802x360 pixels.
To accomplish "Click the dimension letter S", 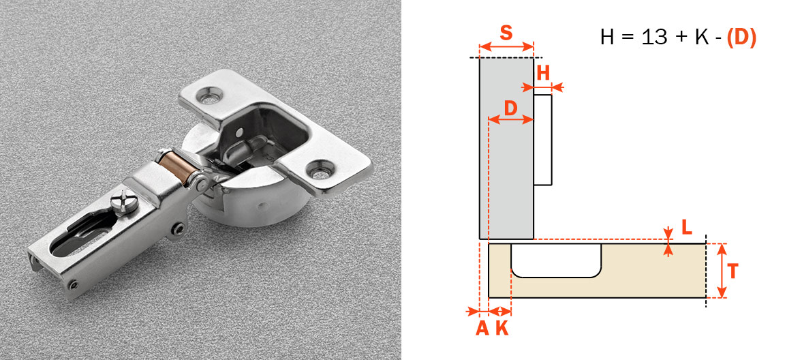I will (506, 32).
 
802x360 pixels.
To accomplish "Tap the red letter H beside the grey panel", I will (543, 73).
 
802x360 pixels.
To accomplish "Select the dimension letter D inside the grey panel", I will (510, 107).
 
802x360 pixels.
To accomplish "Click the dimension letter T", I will (732, 271).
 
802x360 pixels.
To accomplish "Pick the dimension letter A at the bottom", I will (482, 328).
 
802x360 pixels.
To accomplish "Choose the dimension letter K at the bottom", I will (502, 328).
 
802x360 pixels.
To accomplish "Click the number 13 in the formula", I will (655, 37).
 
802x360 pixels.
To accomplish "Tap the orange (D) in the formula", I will (741, 37).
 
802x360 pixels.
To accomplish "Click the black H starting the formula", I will (608, 37).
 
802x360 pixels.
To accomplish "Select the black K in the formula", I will (701, 37).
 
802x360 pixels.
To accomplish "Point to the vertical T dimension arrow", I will (722, 271).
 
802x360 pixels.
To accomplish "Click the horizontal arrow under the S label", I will (506, 47).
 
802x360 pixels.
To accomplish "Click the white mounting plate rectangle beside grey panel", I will (542, 140).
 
